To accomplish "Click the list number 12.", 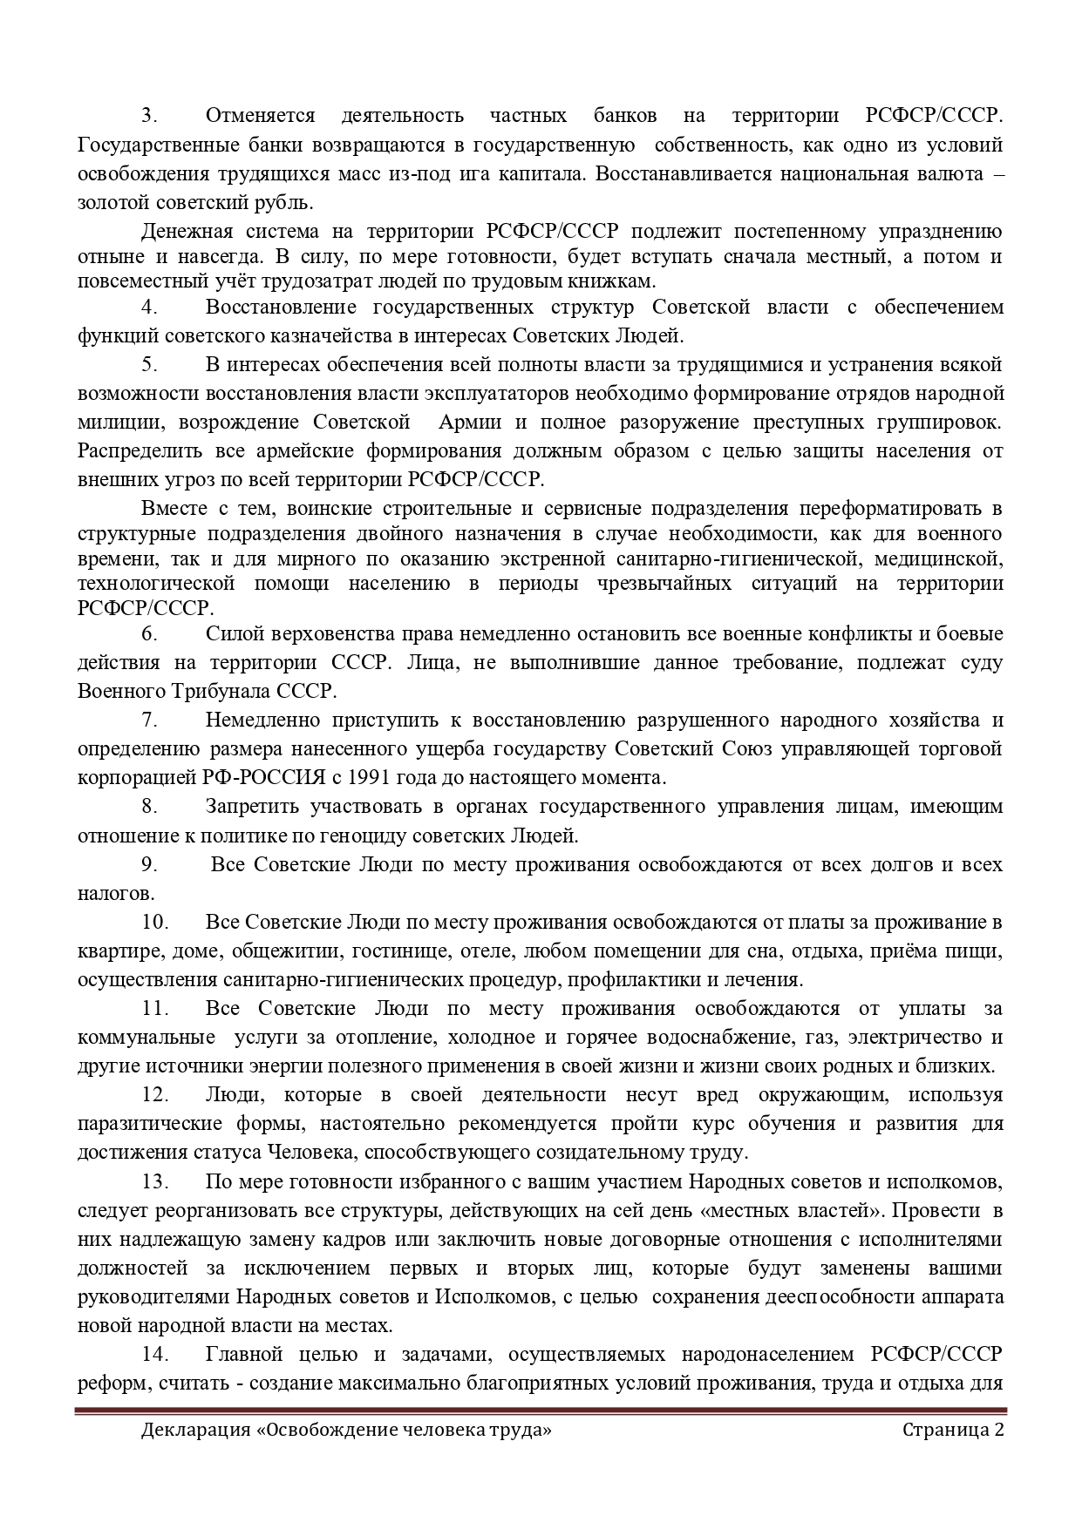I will (x=153, y=1095).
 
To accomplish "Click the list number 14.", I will (x=153, y=1355).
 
